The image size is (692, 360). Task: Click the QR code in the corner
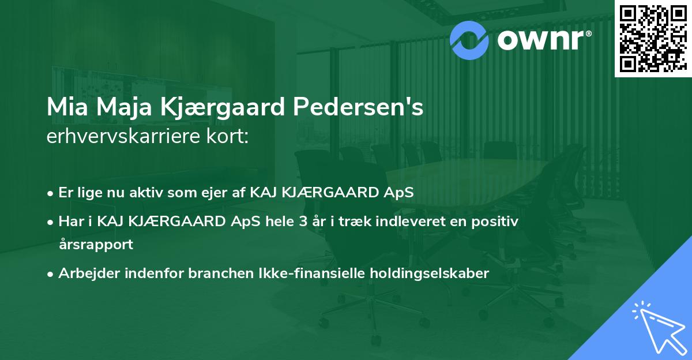pyautogui.click(x=652, y=39)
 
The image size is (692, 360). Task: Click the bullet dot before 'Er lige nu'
pyautogui.click(x=51, y=193)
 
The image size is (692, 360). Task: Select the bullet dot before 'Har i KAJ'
pyautogui.click(x=51, y=222)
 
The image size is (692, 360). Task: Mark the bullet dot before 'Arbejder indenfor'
pyautogui.click(x=51, y=274)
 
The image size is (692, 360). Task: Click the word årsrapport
pyautogui.click(x=96, y=245)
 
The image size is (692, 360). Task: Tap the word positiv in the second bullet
pyautogui.click(x=497, y=222)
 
